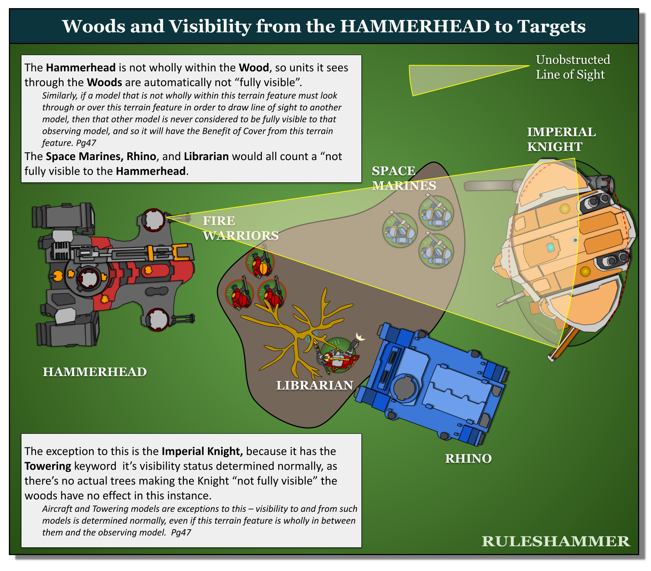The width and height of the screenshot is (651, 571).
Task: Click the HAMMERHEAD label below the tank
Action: [x=95, y=372]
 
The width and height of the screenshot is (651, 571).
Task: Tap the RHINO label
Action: [x=468, y=458]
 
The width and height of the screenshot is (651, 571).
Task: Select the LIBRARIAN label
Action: [x=315, y=385]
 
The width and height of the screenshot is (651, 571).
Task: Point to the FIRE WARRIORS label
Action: [x=240, y=228]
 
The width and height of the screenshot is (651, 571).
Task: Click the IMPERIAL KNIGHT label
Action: [x=561, y=139]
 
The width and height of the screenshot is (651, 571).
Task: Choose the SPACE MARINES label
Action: [x=404, y=178]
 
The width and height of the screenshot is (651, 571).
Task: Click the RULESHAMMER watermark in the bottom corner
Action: [x=556, y=541]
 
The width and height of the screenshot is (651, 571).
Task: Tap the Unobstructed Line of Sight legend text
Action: [x=573, y=67]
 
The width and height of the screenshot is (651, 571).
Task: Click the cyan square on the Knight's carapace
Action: [x=550, y=247]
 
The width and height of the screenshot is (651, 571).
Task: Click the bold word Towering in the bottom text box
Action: [x=48, y=466]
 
